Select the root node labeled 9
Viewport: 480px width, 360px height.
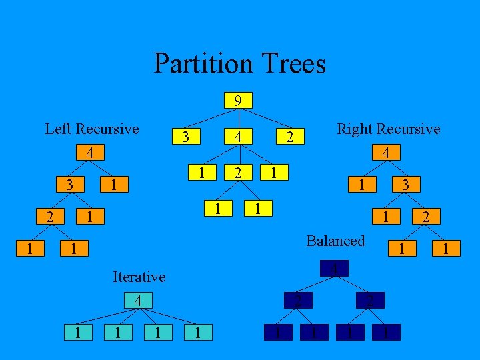pyautogui.click(x=237, y=101)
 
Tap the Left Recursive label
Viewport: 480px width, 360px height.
pyautogui.click(x=92, y=129)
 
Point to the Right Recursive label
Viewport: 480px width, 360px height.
pyautogui.click(x=389, y=129)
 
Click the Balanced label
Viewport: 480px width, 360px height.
pyautogui.click(x=335, y=241)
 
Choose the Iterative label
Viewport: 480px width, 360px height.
pyautogui.click(x=139, y=276)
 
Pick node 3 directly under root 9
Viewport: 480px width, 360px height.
pyautogui.click(x=187, y=137)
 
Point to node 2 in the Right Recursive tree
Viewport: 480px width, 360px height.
pyautogui.click(x=425, y=216)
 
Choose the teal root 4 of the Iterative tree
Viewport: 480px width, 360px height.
pyautogui.click(x=137, y=301)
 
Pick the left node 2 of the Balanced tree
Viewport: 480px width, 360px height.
pyautogui.click(x=299, y=301)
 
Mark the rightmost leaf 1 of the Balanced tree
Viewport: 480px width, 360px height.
pyautogui.click(x=386, y=332)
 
